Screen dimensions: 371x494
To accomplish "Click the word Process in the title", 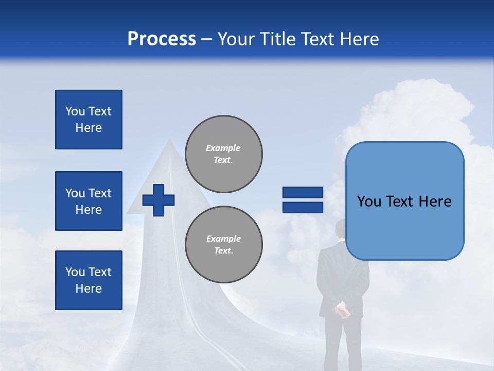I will coord(162,39).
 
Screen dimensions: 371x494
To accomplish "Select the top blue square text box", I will coord(89,120).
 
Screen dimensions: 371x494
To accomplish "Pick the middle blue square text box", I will coord(89,201).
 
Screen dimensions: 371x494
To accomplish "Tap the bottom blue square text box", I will coord(89,280).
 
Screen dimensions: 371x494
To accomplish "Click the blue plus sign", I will coord(158,200).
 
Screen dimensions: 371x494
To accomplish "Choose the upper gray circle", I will coord(223,154).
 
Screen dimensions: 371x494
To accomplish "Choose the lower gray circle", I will coord(223,245).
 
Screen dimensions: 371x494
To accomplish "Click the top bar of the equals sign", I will coord(303,192).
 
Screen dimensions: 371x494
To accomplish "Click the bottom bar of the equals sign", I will coord(303,208).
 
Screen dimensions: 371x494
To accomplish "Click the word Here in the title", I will coord(358,39).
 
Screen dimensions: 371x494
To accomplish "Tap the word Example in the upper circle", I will coord(223,148).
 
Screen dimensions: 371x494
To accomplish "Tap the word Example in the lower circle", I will coord(223,239).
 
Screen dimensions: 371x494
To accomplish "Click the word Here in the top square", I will coord(89,128).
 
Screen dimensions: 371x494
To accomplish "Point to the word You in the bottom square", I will coord(75,272).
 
